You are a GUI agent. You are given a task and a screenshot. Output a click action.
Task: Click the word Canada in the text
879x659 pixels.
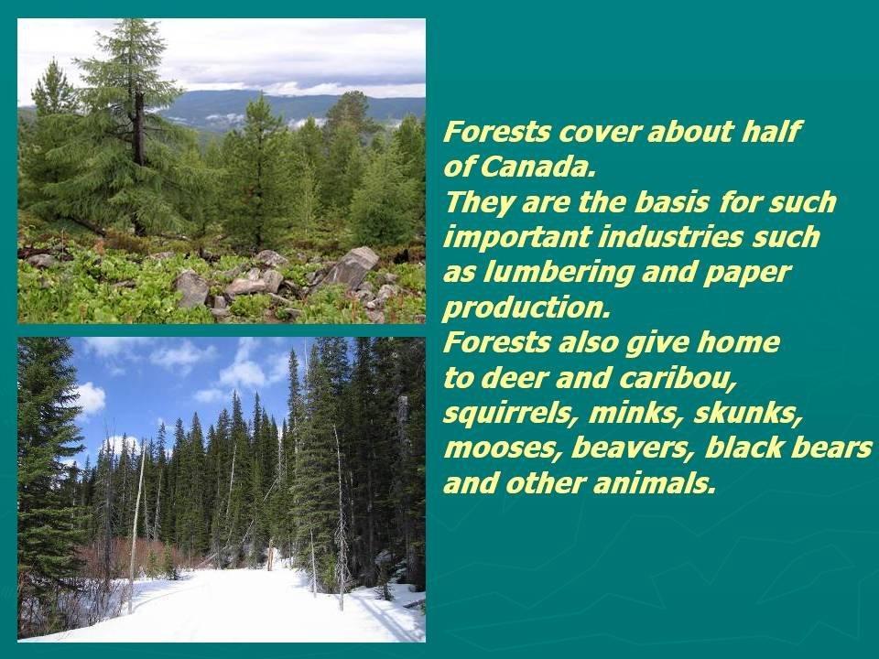pos(537,167)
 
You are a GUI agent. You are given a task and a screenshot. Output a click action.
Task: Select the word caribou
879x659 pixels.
pos(678,378)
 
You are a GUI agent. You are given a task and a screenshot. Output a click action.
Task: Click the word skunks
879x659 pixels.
pos(748,414)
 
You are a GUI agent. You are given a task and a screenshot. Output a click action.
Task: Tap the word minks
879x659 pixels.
pos(636,414)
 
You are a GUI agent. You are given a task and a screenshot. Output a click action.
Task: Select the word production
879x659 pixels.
pos(526,308)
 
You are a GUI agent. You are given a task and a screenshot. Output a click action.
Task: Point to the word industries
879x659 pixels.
pos(669,237)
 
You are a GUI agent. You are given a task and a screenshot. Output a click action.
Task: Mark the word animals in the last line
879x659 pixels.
pos(654,483)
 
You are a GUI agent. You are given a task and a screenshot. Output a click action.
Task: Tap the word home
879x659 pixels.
pos(738,343)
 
